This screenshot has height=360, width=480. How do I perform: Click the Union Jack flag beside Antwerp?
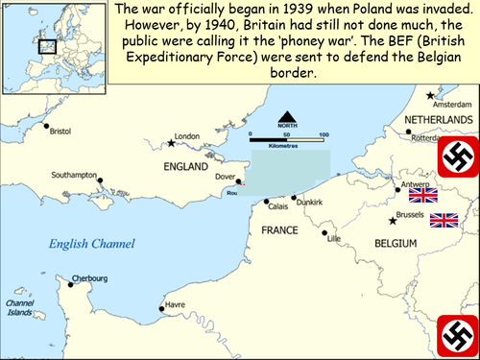[422, 195]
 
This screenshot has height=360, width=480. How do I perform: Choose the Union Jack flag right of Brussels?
[444, 221]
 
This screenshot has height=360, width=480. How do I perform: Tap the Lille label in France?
[334, 239]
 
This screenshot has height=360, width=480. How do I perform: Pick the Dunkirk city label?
[309, 204]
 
